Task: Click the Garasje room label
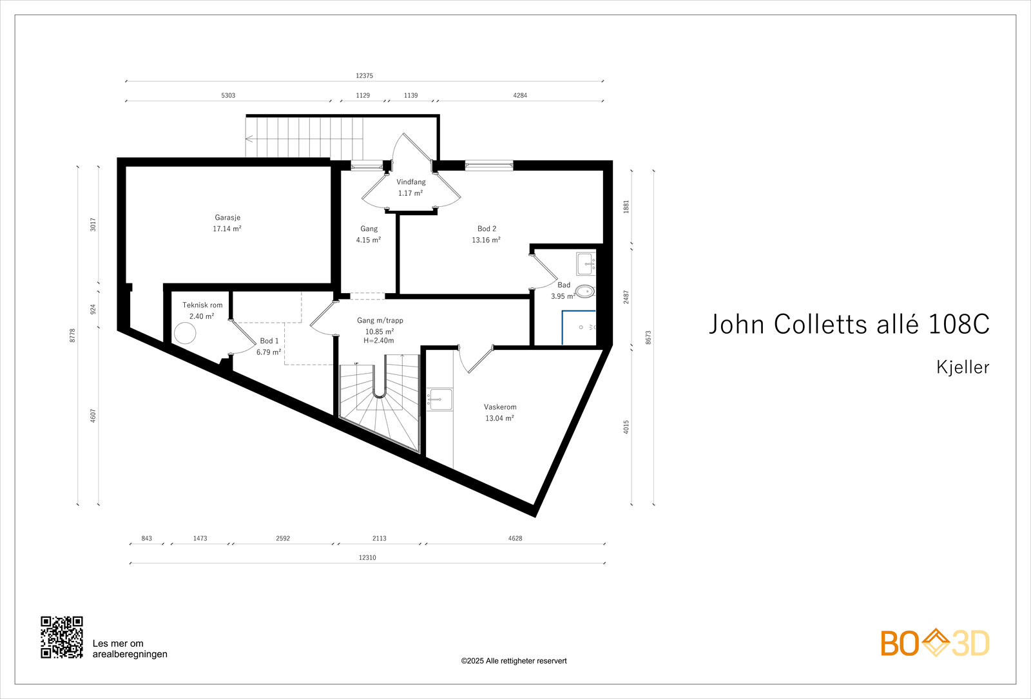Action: (227, 218)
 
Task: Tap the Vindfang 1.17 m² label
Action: (410, 187)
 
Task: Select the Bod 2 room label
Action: (487, 229)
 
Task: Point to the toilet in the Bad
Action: (584, 291)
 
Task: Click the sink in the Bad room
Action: (585, 263)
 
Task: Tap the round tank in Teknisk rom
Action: (185, 333)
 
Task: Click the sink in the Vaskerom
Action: (440, 399)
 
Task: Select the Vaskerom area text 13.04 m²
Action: (499, 418)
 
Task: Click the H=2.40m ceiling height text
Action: (379, 341)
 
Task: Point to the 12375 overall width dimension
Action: (364, 76)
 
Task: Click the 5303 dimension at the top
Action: (228, 95)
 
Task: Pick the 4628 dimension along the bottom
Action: (515, 539)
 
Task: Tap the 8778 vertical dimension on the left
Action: (73, 335)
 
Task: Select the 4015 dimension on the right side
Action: (626, 426)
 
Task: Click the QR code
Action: (62, 637)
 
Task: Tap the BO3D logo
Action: (934, 643)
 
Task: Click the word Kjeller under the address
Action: (963, 367)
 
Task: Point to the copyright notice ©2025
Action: (514, 661)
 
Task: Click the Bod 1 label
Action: (269, 341)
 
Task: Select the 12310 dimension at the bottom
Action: (367, 558)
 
